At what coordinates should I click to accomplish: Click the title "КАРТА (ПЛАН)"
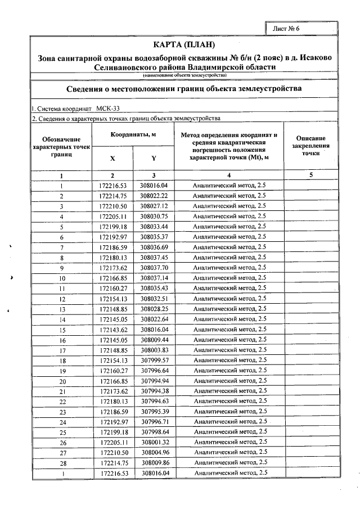184,44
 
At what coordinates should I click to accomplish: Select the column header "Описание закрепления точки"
310,145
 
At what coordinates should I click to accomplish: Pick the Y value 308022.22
154,196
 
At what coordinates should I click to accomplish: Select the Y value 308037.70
154,268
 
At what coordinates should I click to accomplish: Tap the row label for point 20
62,381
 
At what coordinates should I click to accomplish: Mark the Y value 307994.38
154,391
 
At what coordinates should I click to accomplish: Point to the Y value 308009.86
154,463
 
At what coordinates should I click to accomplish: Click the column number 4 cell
229,175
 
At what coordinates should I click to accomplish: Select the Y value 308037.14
154,278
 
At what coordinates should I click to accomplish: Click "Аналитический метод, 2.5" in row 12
229,299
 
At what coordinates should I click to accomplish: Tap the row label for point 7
62,247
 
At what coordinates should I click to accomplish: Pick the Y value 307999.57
154,361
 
